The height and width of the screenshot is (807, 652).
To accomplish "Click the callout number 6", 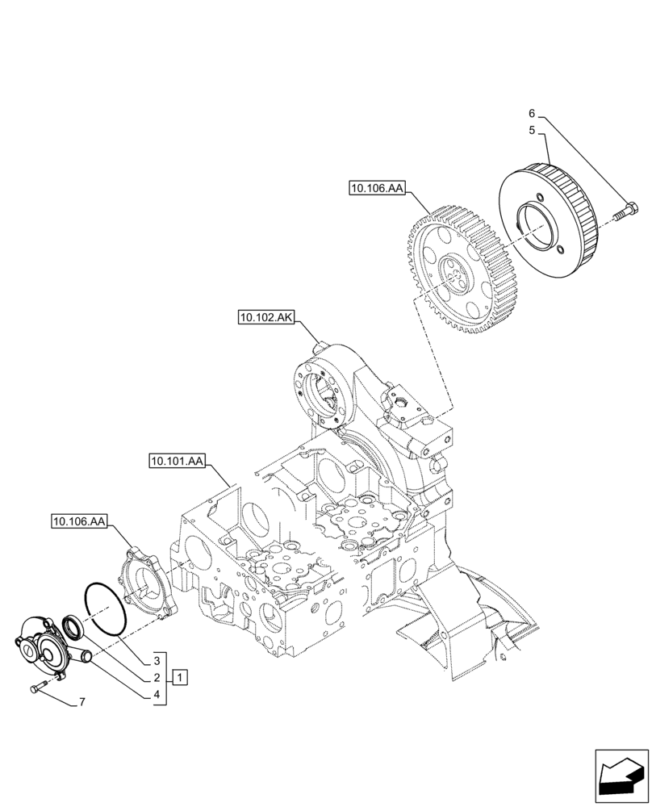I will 532,113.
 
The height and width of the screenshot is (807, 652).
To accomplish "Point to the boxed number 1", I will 181,676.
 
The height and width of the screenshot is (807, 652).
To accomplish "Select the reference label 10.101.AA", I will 177,462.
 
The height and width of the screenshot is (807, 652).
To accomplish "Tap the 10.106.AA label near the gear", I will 376,189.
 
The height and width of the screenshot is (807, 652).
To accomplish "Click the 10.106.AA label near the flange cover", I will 79,522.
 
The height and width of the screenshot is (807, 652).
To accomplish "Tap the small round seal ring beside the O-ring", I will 72,626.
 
